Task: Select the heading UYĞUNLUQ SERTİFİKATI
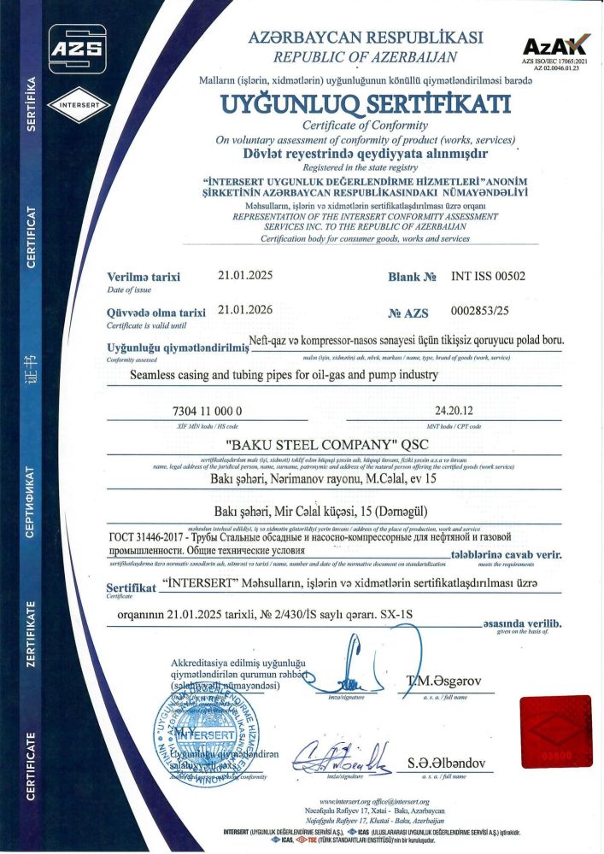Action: (x=365, y=104)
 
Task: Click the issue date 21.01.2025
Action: (x=244, y=276)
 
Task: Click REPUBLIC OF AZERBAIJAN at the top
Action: (x=365, y=57)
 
